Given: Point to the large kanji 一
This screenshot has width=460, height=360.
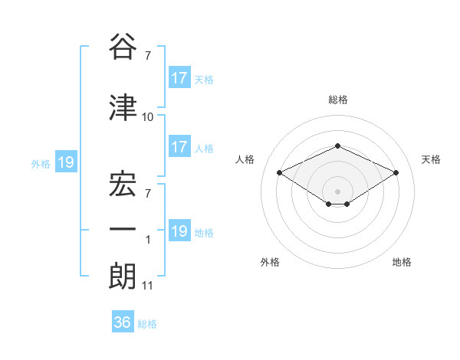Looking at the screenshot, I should [x=123, y=227].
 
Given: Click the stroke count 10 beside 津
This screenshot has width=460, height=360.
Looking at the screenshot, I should [x=148, y=117].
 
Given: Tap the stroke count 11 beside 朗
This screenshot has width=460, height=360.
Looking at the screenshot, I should [x=148, y=286].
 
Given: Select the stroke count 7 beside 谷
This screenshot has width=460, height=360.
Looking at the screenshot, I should [x=148, y=55].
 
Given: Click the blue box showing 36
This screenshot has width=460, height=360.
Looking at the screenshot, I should [x=123, y=322].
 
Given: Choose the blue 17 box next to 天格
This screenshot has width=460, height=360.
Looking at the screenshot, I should [x=179, y=77].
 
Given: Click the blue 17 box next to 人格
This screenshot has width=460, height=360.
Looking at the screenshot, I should [x=179, y=147].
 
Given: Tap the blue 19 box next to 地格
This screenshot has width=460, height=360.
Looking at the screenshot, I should [x=179, y=231].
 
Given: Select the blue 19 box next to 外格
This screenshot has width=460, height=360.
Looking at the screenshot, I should [x=65, y=162].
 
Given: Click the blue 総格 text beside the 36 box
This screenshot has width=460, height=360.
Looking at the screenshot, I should [x=147, y=323].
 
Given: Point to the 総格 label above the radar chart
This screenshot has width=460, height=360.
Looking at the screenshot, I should [x=337, y=100].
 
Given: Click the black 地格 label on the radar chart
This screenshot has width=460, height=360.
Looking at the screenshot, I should [x=402, y=262].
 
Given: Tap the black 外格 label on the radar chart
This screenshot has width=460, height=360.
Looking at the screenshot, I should [x=270, y=262].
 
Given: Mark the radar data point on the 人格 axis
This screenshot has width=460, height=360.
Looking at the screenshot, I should [x=279, y=172].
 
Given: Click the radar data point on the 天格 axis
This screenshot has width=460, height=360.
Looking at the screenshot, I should [x=396, y=172].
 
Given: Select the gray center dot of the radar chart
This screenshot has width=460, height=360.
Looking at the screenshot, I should [x=337, y=190].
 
